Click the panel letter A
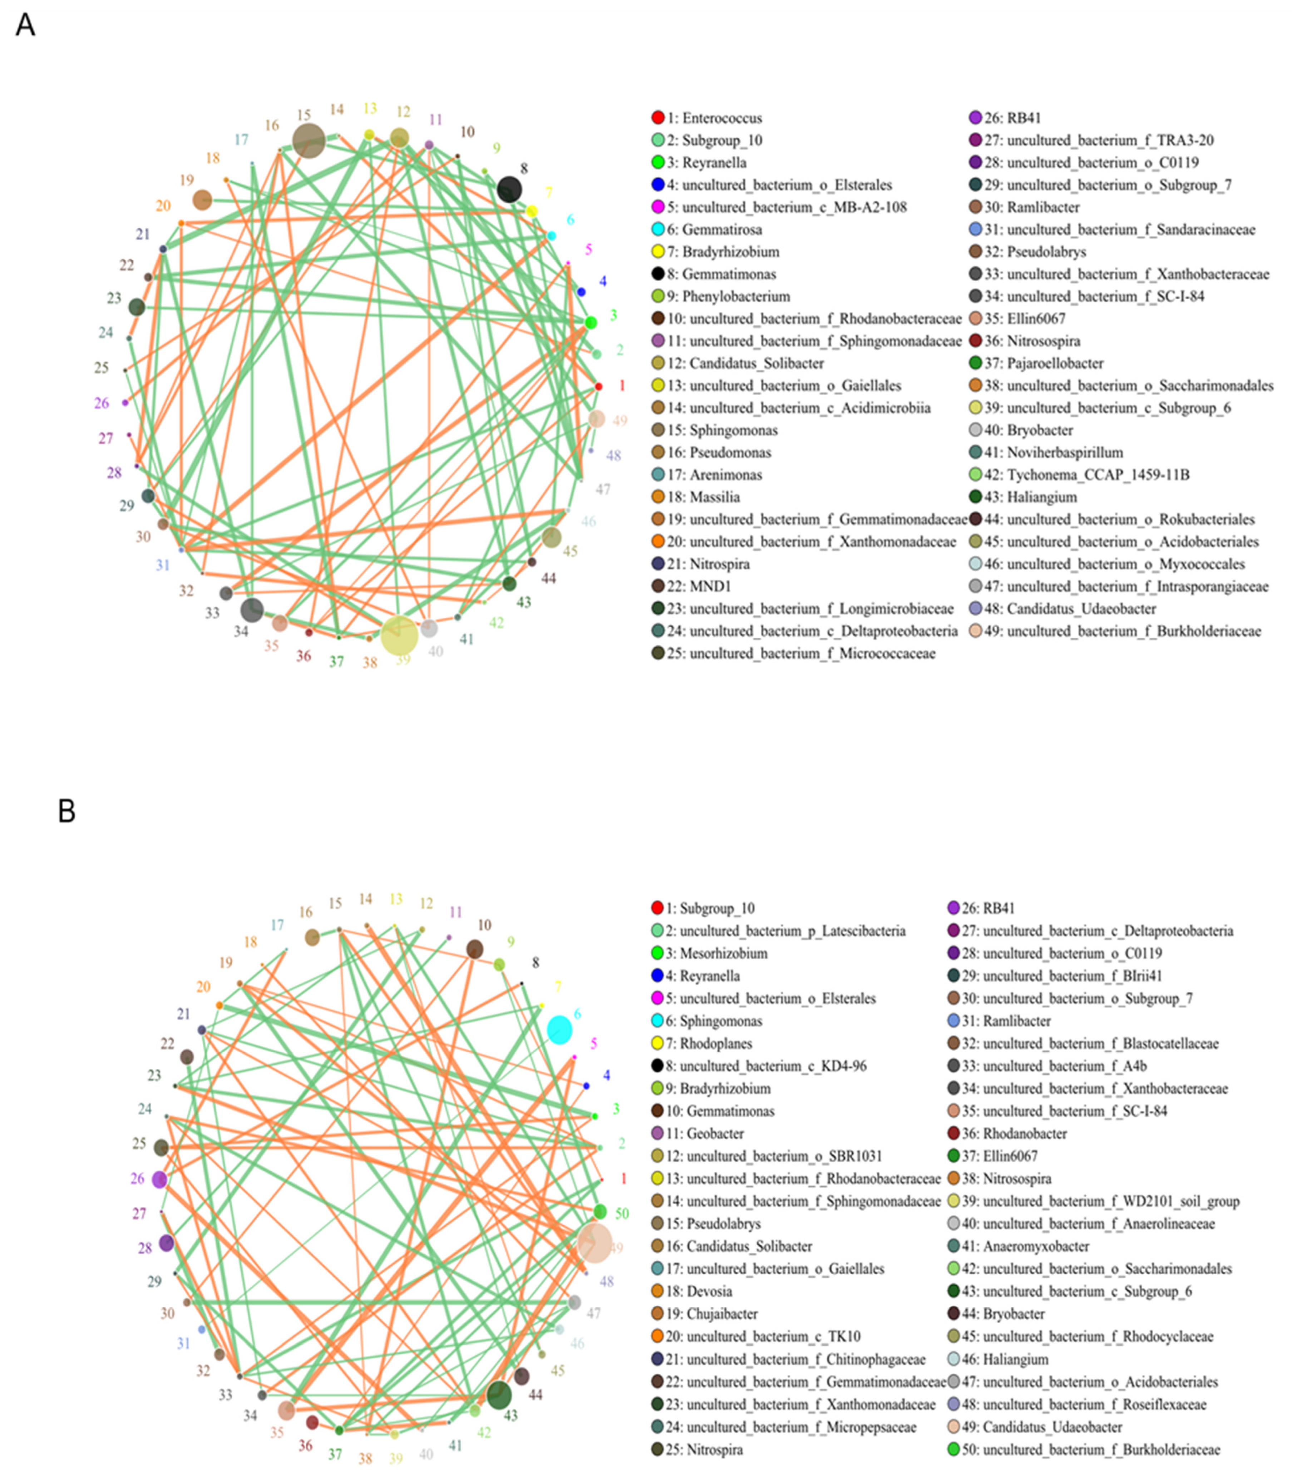(x=25, y=25)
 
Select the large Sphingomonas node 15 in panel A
(x=309, y=140)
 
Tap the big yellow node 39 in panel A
(x=399, y=635)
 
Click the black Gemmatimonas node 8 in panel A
(x=510, y=190)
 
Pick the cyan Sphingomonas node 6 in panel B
(x=559, y=1029)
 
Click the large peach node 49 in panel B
(x=595, y=1242)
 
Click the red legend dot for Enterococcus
(x=657, y=118)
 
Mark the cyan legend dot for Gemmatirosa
(x=657, y=229)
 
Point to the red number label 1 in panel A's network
(x=622, y=386)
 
